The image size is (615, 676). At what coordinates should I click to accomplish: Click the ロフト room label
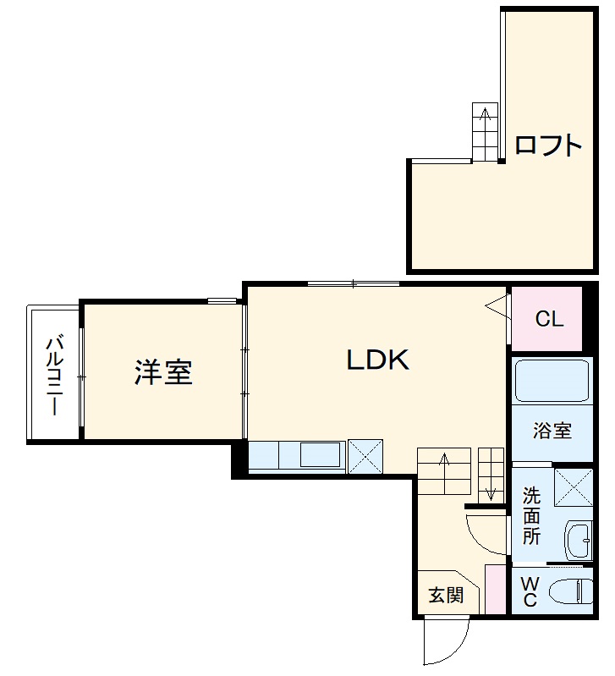click(x=548, y=146)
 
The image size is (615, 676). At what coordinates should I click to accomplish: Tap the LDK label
click(x=378, y=360)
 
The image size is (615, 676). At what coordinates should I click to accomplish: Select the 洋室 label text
click(x=163, y=372)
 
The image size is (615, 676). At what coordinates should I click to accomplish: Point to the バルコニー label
click(x=54, y=376)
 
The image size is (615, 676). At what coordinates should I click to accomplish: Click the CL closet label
click(x=549, y=320)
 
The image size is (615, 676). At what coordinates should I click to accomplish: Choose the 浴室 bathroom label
click(x=552, y=431)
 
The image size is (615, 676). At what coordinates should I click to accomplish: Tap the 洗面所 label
click(x=531, y=514)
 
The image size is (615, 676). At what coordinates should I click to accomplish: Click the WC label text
click(x=530, y=591)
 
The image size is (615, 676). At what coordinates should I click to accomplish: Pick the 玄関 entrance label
click(x=445, y=595)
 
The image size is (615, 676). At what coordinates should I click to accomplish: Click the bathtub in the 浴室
click(x=552, y=381)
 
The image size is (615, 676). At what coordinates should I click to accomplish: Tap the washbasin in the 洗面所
click(x=579, y=541)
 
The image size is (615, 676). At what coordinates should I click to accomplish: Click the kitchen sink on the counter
click(x=320, y=455)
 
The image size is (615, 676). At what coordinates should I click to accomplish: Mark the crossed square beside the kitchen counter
click(x=365, y=455)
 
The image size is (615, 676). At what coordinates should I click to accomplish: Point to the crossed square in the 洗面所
click(x=573, y=486)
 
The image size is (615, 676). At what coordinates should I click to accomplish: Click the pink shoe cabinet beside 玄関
click(x=494, y=588)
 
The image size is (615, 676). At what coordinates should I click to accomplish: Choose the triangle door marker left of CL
click(x=497, y=306)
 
